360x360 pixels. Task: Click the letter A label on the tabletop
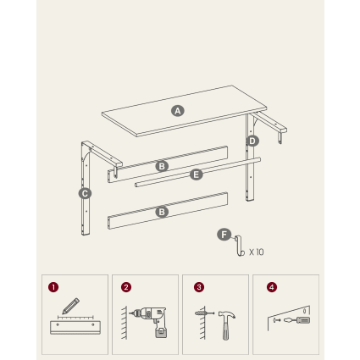point(178,111)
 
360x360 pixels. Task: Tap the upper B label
point(162,166)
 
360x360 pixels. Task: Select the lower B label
point(162,212)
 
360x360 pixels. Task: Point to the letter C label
point(85,194)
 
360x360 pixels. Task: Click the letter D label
point(252,141)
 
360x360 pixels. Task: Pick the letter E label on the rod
point(197,174)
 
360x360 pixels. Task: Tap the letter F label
point(224,235)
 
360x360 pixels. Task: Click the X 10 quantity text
point(257,252)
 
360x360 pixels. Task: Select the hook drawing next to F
point(240,246)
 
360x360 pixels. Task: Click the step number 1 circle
point(53,287)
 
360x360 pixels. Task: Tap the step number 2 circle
point(126,287)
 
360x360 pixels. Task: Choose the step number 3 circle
point(199,287)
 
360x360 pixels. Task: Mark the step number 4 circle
point(272,287)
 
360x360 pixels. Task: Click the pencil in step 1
point(70,306)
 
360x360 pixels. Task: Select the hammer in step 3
point(226,324)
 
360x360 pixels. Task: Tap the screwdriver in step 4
point(296,320)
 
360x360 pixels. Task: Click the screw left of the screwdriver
point(277,320)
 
